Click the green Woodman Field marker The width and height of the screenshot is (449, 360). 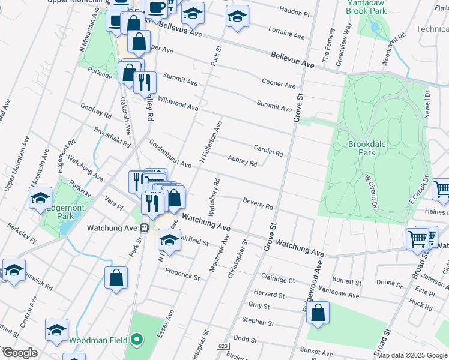pyautogui.click(x=137, y=340)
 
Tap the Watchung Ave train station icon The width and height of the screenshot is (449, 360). pyautogui.click(x=144, y=228)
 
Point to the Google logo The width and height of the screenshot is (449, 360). pyautogui.click(x=19, y=353)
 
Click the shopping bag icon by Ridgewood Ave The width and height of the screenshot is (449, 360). pyautogui.click(x=318, y=312)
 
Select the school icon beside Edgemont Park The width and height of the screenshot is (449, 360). pyautogui.click(x=40, y=198)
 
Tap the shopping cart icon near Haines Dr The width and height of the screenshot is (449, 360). pyautogui.click(x=441, y=189)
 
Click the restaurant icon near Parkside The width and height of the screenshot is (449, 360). pyautogui.click(x=144, y=82)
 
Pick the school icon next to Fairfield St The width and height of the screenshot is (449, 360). pyautogui.click(x=169, y=240)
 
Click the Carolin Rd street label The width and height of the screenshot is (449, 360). pyautogui.click(x=268, y=150)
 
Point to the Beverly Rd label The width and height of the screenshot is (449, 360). pyautogui.click(x=258, y=203)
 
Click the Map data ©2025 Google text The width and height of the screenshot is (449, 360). pyautogui.click(x=412, y=355)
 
